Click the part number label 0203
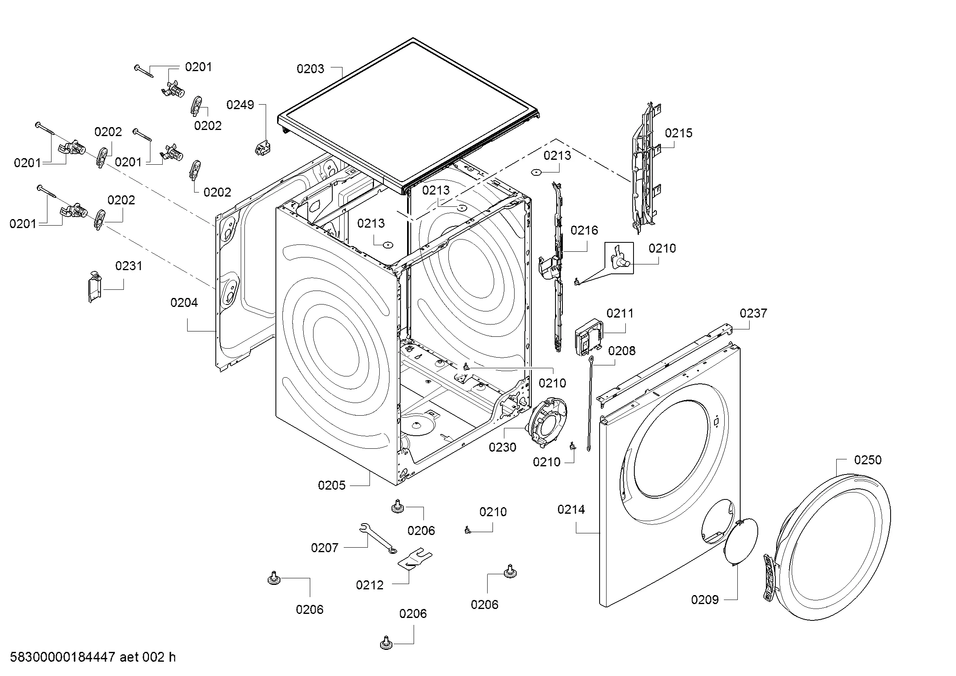coord(310,69)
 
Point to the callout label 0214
coord(571,510)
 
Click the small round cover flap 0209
coord(741,541)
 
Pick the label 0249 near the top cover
coord(240,105)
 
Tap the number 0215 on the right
coord(679,133)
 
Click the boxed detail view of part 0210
coord(619,258)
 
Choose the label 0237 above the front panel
coord(753,313)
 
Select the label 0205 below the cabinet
coord(332,486)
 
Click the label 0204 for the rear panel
coord(184,302)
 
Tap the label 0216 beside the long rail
coord(584,231)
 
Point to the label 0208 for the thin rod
coord(622,351)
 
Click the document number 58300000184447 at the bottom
coord(63,657)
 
